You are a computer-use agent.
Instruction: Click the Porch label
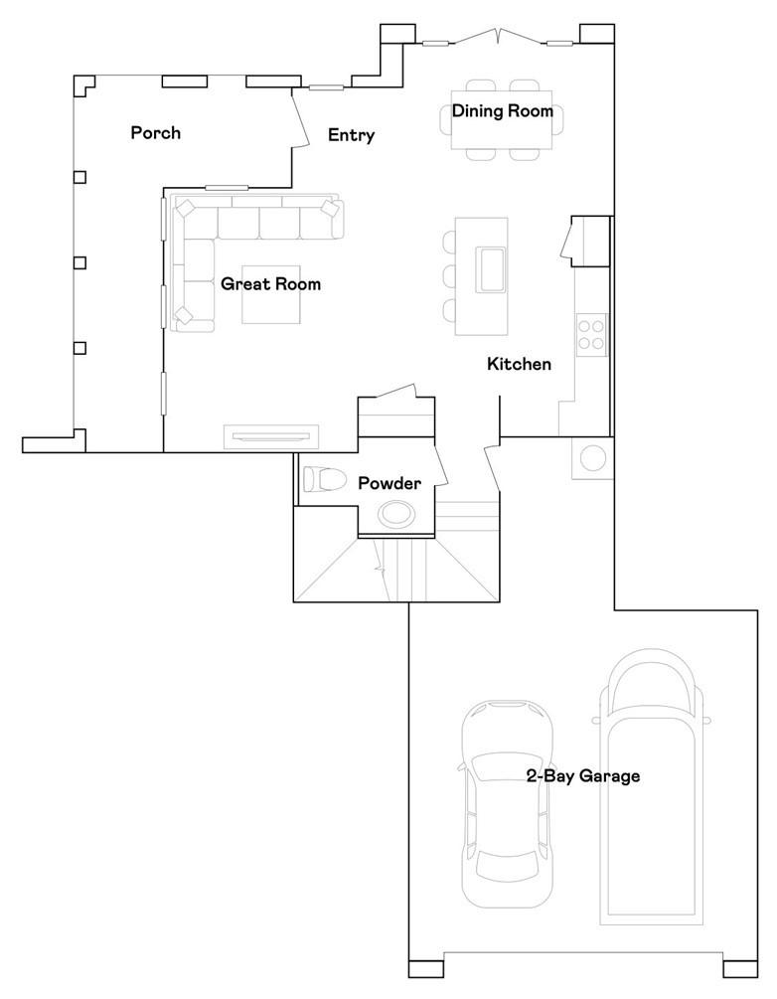(x=156, y=132)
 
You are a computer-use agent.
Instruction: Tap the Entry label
(x=351, y=135)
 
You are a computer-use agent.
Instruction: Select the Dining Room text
(x=503, y=111)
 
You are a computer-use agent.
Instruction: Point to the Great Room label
(x=270, y=284)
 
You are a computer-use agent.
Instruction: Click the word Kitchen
(x=519, y=365)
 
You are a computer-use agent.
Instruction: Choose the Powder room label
(x=389, y=484)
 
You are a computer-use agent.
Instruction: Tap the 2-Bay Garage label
(x=583, y=776)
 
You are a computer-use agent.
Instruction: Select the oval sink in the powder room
(x=395, y=514)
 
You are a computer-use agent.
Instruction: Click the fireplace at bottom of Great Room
(x=271, y=434)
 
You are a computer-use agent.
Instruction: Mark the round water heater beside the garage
(x=593, y=458)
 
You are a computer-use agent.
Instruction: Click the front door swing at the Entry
(x=295, y=120)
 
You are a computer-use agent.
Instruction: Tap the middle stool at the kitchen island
(x=448, y=274)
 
